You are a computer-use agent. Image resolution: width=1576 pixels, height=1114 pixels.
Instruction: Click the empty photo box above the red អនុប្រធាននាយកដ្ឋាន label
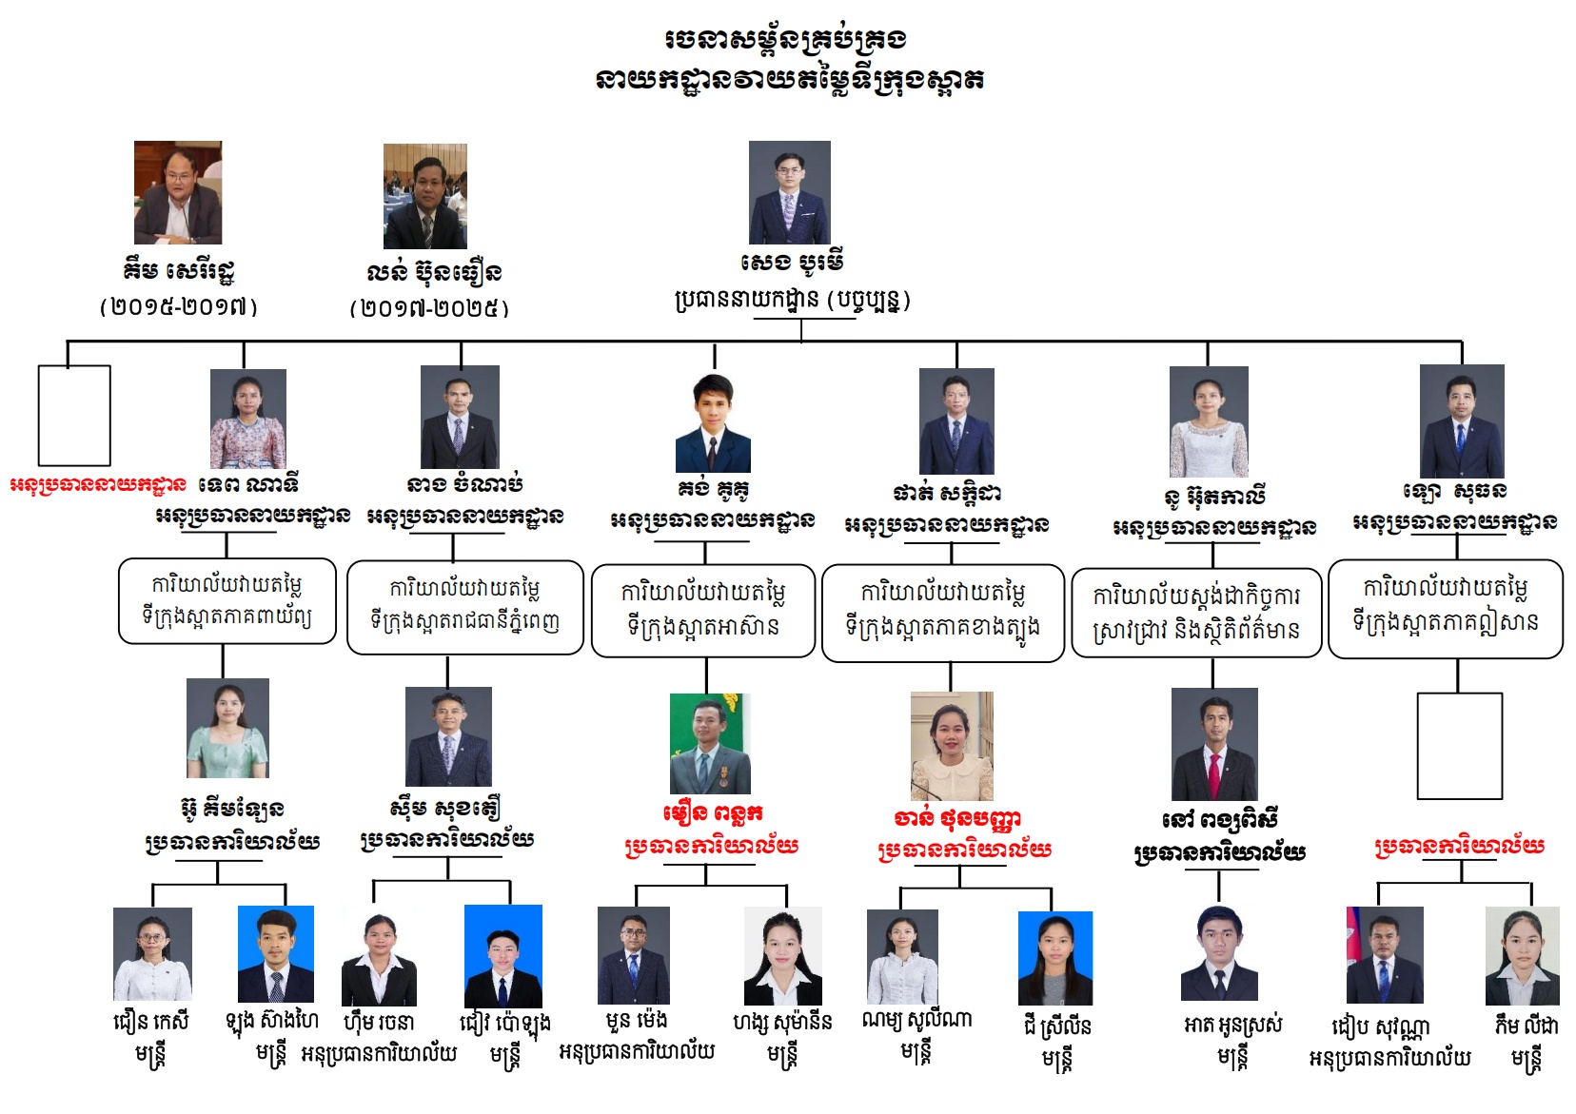[x=74, y=416]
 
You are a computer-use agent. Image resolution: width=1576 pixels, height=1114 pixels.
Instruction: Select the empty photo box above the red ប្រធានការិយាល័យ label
[x=1459, y=746]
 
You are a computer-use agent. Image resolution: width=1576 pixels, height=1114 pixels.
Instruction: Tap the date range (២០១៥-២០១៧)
[x=179, y=306]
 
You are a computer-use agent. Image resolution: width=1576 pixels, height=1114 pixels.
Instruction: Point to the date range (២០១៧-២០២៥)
[x=429, y=308]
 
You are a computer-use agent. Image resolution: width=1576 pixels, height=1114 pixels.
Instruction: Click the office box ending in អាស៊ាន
[x=703, y=611]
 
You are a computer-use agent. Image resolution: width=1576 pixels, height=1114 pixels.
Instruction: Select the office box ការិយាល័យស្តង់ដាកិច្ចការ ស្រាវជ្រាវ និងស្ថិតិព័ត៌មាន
[x=1196, y=613]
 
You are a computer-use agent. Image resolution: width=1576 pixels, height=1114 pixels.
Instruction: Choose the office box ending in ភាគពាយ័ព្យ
[x=227, y=601]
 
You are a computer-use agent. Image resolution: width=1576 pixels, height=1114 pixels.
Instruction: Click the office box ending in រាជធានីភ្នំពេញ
[x=464, y=607]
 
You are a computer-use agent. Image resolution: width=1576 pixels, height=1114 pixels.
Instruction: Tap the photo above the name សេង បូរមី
[x=789, y=192]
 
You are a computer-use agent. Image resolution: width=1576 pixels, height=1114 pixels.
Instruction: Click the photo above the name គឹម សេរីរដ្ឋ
[x=178, y=192]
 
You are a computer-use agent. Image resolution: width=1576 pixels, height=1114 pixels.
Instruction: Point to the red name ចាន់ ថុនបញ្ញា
[x=957, y=818]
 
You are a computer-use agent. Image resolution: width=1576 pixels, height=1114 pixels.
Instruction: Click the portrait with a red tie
[x=1214, y=744]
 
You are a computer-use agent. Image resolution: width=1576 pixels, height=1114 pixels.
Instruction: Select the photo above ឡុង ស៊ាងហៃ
[x=275, y=954]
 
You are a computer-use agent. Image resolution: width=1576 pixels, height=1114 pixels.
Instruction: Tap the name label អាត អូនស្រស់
[x=1232, y=1026]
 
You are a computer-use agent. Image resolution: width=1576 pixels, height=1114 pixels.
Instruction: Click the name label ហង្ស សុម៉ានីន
[x=782, y=1023]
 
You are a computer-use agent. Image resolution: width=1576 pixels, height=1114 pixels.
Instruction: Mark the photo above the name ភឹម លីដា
[x=1522, y=956]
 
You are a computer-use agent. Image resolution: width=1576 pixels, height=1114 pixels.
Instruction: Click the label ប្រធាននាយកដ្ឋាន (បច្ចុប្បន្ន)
[x=792, y=301]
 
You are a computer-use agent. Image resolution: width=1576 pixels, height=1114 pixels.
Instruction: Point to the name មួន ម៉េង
[x=636, y=1022]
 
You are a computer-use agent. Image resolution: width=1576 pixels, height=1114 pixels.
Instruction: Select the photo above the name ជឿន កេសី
[x=152, y=954]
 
